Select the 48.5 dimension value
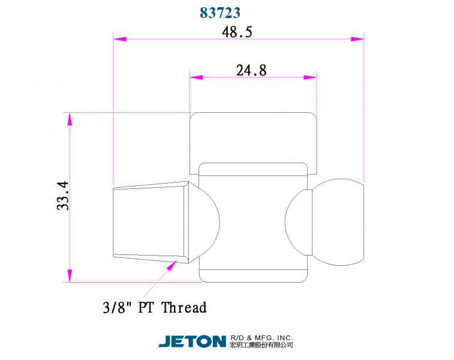(237, 32)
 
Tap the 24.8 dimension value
(251, 70)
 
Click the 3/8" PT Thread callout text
(155, 308)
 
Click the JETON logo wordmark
(192, 341)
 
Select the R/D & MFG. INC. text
(261, 338)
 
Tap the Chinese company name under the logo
(261, 346)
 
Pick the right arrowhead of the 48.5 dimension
(357, 39)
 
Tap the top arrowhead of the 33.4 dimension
(70, 119)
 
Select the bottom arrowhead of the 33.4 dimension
(70, 275)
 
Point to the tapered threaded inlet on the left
(150, 222)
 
